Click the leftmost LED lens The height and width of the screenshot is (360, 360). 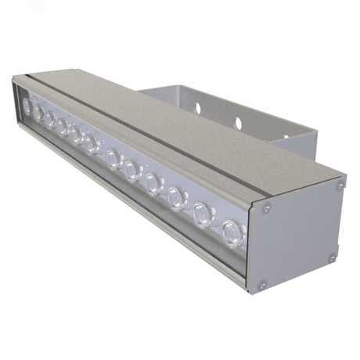28,105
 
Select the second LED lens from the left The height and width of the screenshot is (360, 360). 38,113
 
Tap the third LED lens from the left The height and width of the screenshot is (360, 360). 49,121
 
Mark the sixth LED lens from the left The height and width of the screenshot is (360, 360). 92,143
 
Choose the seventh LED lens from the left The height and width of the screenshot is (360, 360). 114,159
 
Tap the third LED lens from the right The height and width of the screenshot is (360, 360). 175,196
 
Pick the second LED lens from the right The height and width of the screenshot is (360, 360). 201,212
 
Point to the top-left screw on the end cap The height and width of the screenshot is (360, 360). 267,208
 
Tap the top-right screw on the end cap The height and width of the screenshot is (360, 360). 340,186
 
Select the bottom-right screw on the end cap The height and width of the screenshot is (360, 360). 332,257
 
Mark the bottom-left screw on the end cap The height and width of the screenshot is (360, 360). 263,284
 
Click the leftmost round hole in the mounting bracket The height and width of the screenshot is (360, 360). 198,108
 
